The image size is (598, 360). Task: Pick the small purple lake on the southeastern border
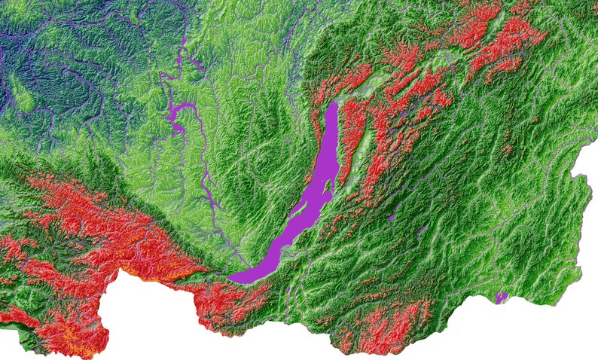(502, 297)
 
